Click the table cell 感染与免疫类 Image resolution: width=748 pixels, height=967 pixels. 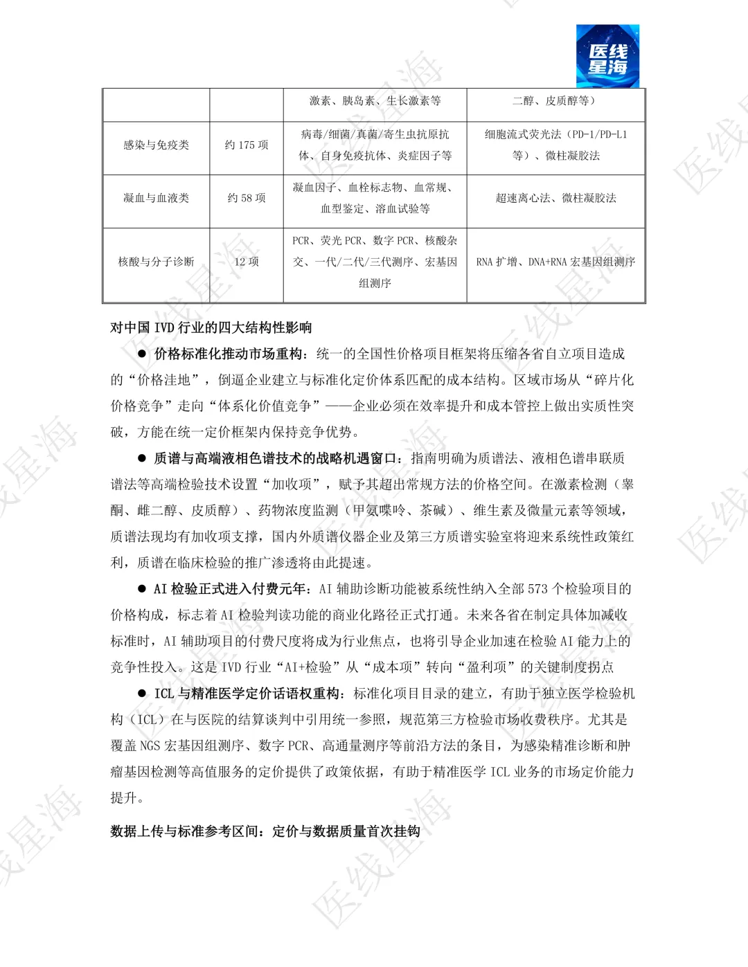[x=156, y=145]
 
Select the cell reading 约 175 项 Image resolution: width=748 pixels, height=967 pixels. [x=247, y=145]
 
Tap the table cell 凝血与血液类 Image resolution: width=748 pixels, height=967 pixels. [x=156, y=198]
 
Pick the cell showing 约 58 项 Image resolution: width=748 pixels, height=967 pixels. [x=247, y=198]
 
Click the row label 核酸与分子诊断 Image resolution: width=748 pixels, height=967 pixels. [x=156, y=262]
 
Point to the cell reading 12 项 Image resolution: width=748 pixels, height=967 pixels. [x=247, y=262]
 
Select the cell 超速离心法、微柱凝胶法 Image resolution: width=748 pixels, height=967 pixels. [x=555, y=198]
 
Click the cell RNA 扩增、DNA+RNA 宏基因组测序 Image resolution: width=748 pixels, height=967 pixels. [x=555, y=262]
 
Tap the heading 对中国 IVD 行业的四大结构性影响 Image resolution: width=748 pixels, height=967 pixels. [x=211, y=327]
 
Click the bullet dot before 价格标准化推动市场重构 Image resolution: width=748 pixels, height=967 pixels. [x=142, y=354]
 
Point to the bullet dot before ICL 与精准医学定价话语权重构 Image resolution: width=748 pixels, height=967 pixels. [x=142, y=694]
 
